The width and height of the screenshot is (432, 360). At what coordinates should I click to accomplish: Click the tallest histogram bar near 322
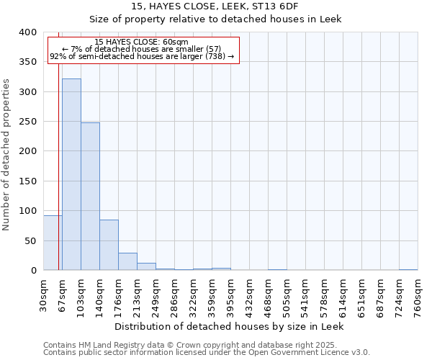click(x=71, y=174)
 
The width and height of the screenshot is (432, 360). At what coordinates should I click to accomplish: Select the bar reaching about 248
click(x=90, y=197)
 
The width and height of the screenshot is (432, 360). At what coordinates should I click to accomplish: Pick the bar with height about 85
click(x=109, y=245)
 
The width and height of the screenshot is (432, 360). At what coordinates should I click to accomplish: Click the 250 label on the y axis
click(x=29, y=122)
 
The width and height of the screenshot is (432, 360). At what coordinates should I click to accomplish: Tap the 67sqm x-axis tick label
click(x=63, y=294)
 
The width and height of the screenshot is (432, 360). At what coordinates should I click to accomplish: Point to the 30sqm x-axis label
click(x=44, y=294)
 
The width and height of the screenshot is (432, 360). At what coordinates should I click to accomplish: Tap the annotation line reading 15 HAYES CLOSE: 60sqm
click(x=141, y=42)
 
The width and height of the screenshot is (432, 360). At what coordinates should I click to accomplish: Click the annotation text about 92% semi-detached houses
click(x=142, y=56)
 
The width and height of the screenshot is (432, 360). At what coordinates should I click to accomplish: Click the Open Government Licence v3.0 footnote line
click(x=207, y=353)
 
